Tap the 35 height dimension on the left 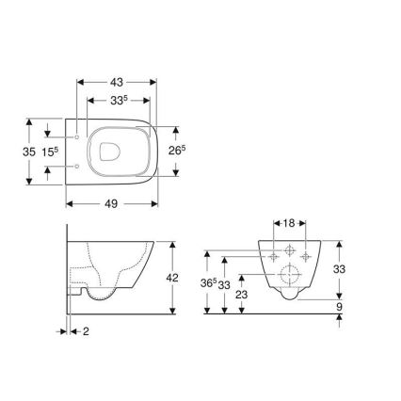click(28, 151)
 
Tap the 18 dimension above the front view click(289, 224)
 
